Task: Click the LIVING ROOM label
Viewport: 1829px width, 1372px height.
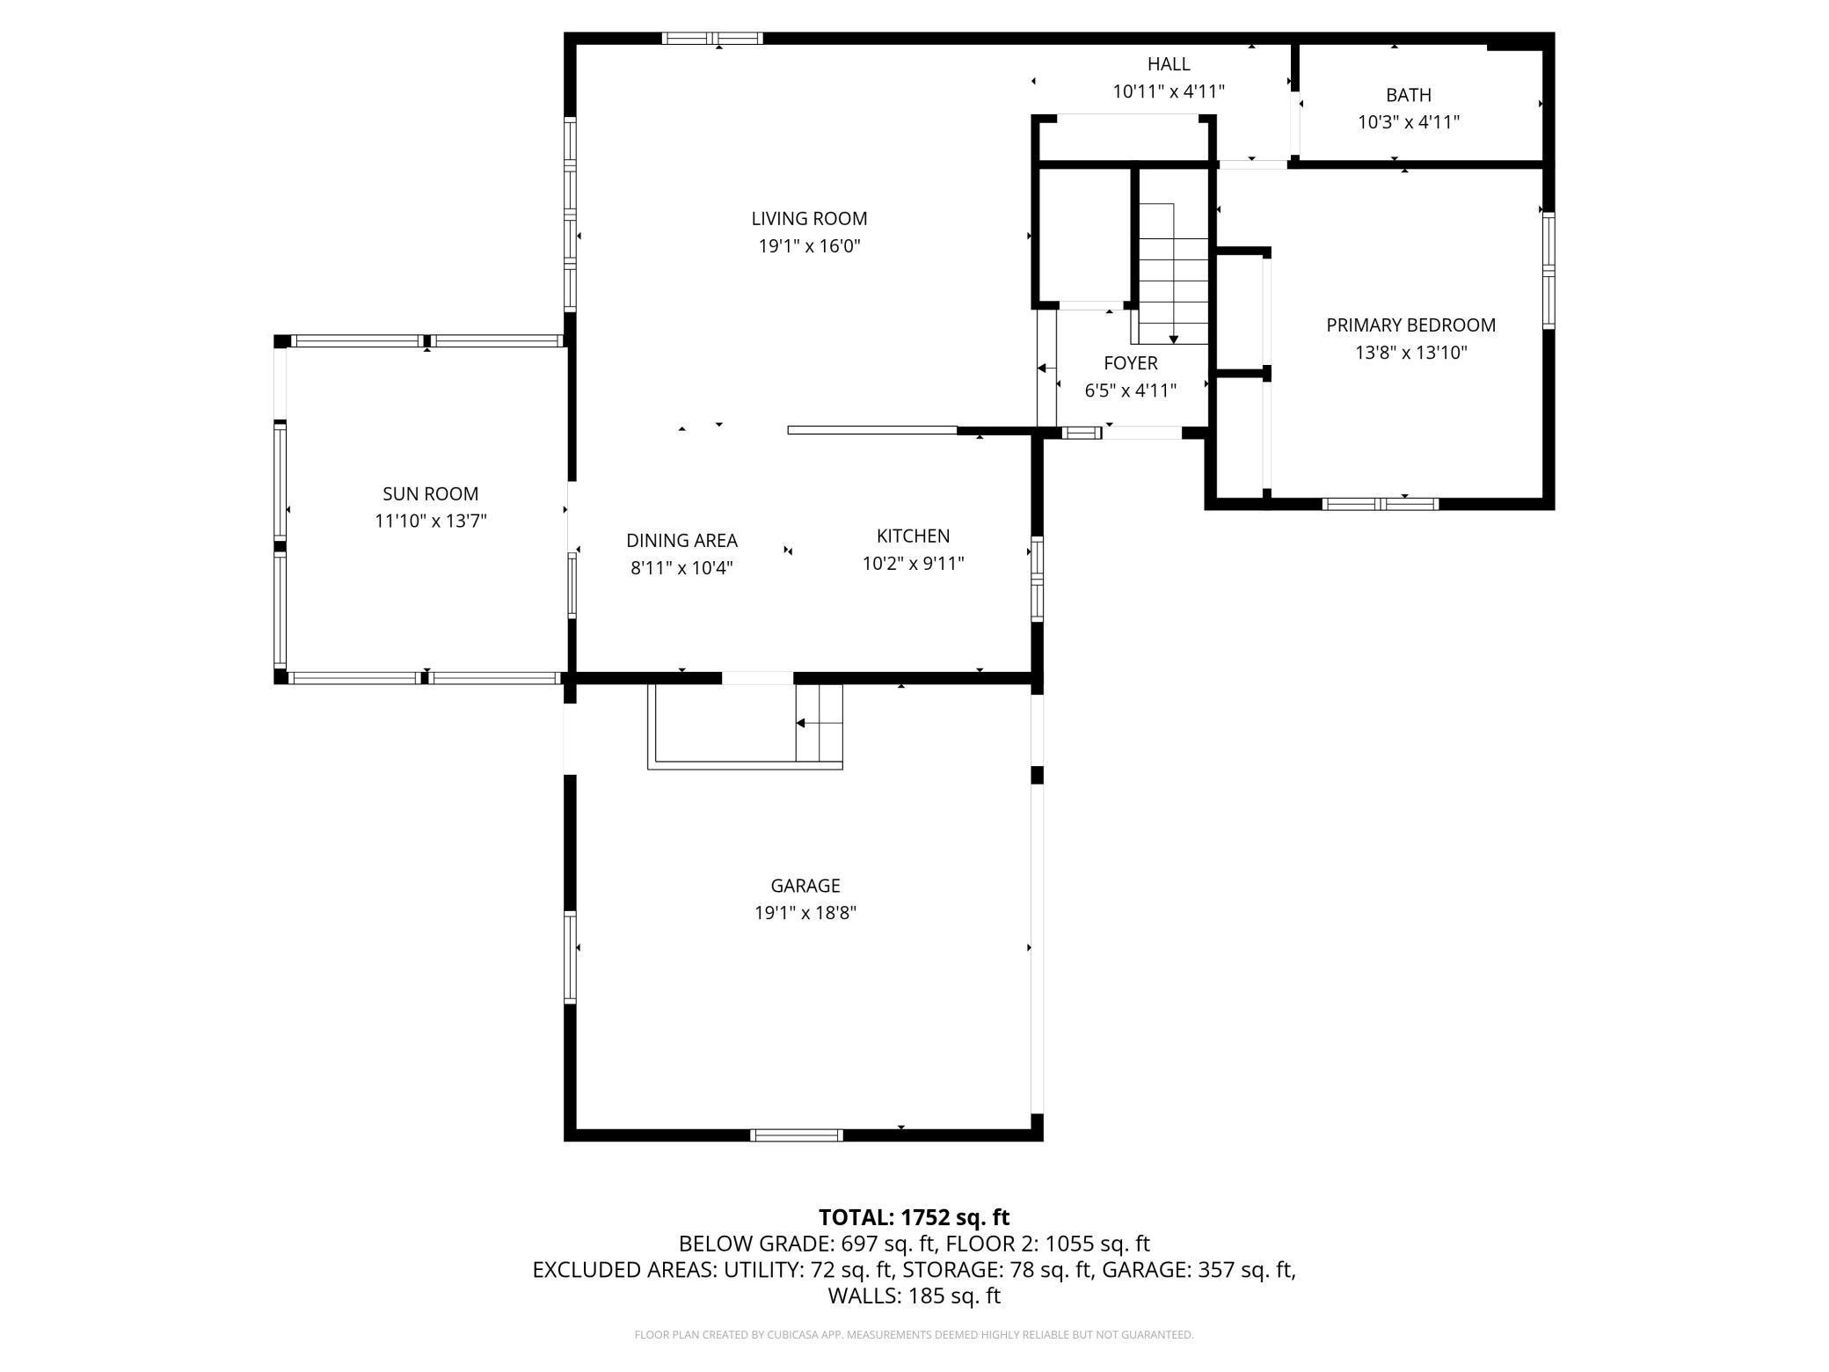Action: click(x=809, y=218)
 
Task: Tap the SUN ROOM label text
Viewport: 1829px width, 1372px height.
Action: click(x=431, y=493)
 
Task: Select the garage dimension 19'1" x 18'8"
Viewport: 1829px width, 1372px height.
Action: click(x=805, y=913)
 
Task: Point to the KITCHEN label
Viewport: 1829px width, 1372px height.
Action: click(x=913, y=536)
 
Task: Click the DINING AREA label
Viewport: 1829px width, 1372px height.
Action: click(x=681, y=540)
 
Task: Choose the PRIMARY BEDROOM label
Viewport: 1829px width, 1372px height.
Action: click(x=1410, y=325)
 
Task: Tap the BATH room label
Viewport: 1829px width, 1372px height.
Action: click(x=1409, y=95)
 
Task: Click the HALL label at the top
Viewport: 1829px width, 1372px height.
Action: click(x=1169, y=64)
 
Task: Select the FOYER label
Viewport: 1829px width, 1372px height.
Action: click(x=1131, y=363)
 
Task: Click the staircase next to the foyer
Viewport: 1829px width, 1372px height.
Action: click(x=1173, y=274)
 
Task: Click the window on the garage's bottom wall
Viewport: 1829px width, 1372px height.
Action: click(x=797, y=1135)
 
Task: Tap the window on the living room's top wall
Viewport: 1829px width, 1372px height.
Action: click(x=712, y=38)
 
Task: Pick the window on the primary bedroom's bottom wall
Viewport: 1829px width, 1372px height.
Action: click(x=1381, y=504)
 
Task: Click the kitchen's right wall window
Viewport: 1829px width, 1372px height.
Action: click(x=1037, y=579)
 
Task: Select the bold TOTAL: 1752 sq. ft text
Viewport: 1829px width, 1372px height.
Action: click(x=914, y=1217)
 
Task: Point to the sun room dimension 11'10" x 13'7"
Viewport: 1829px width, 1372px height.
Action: click(x=431, y=521)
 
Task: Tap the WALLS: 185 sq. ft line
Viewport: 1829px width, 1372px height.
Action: click(x=914, y=1295)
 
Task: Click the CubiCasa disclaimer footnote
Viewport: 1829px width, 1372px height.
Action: click(x=914, y=1335)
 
